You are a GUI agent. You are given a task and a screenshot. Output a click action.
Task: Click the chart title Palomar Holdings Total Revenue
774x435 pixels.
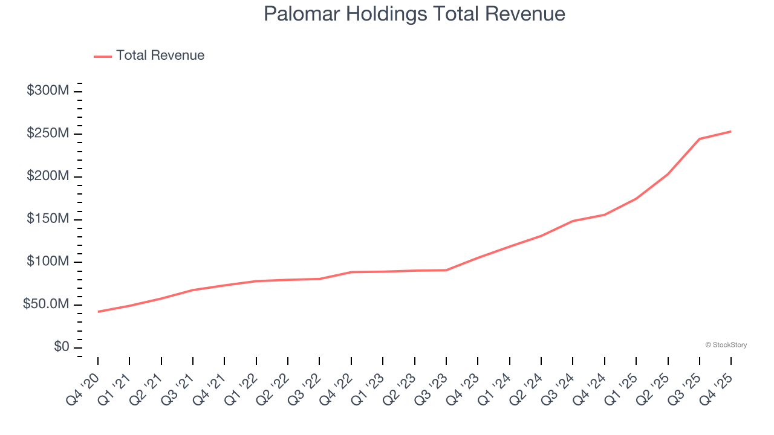(x=414, y=14)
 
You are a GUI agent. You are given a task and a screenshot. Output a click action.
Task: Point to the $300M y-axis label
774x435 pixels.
(x=48, y=91)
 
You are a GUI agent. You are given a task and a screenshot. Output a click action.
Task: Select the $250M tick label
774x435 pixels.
(x=48, y=134)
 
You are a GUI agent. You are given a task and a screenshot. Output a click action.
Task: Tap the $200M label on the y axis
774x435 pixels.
(x=48, y=176)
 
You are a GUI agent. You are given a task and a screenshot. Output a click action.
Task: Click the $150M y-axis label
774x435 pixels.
(x=48, y=219)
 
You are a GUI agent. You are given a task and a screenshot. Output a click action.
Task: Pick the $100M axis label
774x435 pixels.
(x=48, y=262)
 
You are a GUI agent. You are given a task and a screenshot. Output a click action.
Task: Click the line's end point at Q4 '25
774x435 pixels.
(x=731, y=131)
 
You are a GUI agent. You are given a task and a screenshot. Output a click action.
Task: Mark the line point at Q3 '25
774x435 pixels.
(x=700, y=139)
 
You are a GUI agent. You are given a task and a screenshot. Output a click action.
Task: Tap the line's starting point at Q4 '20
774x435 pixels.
(x=98, y=312)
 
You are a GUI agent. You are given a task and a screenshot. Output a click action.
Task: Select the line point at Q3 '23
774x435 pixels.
(x=446, y=270)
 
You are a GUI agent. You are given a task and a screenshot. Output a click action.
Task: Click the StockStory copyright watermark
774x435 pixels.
(x=726, y=345)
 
